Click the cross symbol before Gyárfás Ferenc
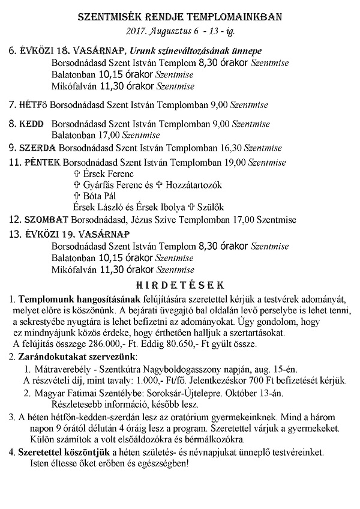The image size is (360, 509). (76, 185)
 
